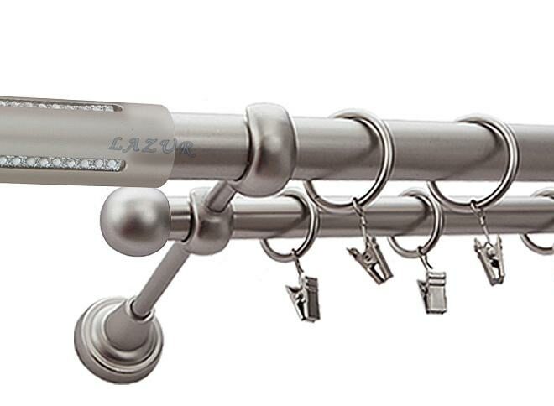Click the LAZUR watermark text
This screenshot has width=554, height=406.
point(152,147)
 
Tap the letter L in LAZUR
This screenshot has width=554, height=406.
point(117,144)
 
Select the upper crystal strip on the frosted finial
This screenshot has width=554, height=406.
point(58,105)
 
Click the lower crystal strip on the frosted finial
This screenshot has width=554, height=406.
point(62,163)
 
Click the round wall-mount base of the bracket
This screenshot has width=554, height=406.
point(118,341)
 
